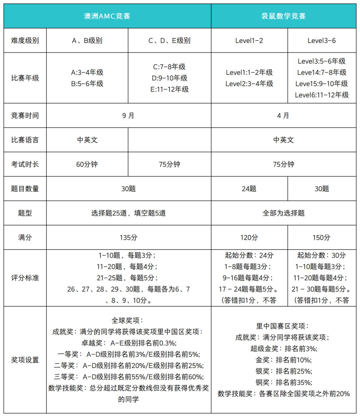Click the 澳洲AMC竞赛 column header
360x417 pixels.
[107, 16]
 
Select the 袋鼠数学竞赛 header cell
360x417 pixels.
[283, 16]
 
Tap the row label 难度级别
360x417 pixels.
[25, 41]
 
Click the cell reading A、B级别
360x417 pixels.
[87, 41]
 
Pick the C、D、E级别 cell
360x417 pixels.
[169, 41]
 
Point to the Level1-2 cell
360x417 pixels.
[249, 41]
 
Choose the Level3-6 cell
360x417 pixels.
[322, 41]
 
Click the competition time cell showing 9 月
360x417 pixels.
[128, 116]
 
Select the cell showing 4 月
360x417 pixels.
[283, 116]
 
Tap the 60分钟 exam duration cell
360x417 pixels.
[87, 164]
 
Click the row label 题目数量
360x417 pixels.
[25, 189]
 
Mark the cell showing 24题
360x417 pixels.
[249, 189]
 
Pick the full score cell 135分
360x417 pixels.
[128, 237]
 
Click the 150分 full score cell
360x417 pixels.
[322, 237]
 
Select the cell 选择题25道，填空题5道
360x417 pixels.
[128, 213]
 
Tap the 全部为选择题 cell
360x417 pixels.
[283, 213]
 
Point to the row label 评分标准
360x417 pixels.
[25, 278]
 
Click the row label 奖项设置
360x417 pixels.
[25, 360]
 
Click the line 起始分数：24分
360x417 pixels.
[249, 255]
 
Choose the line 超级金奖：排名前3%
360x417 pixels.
[283, 349]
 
